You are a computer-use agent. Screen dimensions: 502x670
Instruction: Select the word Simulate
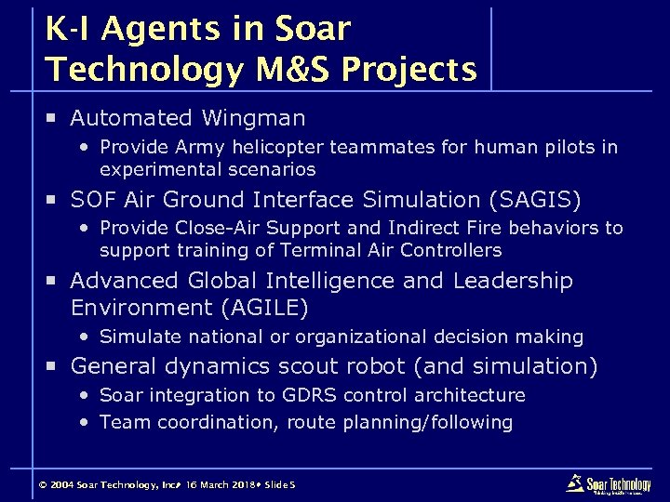[x=137, y=337]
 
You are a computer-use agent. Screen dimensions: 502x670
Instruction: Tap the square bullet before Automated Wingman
[x=54, y=118]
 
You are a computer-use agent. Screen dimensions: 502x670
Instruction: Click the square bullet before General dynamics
[x=54, y=366]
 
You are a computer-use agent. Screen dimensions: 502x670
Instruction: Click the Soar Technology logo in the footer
[x=609, y=483]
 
